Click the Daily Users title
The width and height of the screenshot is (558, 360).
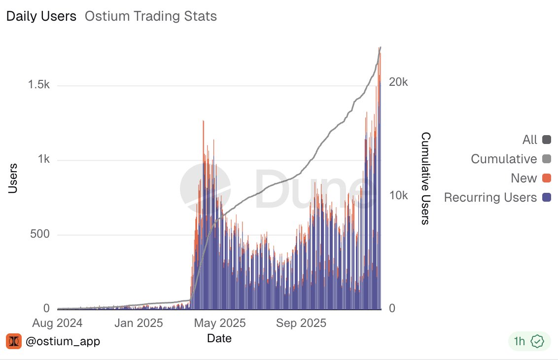41,16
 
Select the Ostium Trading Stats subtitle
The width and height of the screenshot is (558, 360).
151,16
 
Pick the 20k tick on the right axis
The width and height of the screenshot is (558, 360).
398,82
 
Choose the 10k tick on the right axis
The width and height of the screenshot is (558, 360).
398,196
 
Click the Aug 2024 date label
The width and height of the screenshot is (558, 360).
58,323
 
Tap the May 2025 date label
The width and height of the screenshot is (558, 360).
220,323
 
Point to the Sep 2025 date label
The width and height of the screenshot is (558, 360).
301,323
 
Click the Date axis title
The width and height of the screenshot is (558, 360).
219,338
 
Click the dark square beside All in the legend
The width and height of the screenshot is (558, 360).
546,140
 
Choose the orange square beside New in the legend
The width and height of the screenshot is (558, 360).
546,178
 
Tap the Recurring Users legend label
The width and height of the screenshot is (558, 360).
490,197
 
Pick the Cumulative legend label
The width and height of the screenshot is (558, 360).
503,159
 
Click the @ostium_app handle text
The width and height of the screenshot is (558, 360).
63,341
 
